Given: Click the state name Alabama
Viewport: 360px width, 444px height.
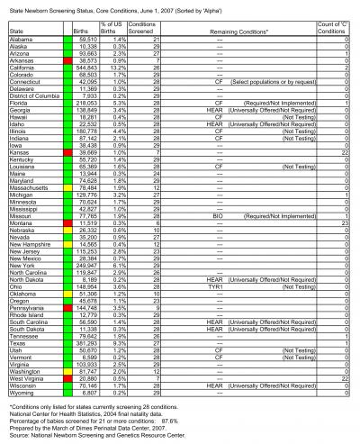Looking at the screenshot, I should point(21,41).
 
